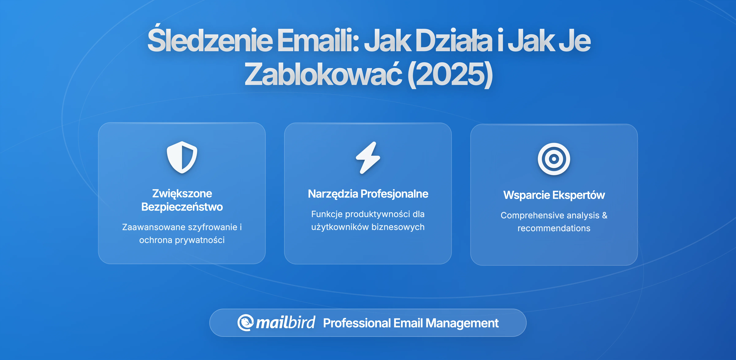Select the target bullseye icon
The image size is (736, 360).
click(554, 159)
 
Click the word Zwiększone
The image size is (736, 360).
click(182, 194)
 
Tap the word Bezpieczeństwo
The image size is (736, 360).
click(182, 207)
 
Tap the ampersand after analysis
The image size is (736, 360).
click(605, 215)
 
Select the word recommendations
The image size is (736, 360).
click(554, 228)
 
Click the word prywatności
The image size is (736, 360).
click(200, 240)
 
